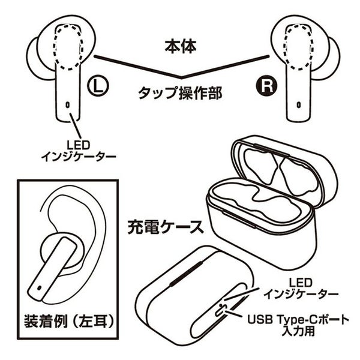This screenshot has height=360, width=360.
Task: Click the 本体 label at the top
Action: pyautogui.click(x=179, y=45)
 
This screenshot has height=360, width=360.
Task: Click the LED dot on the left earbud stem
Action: pyautogui.click(x=67, y=104)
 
